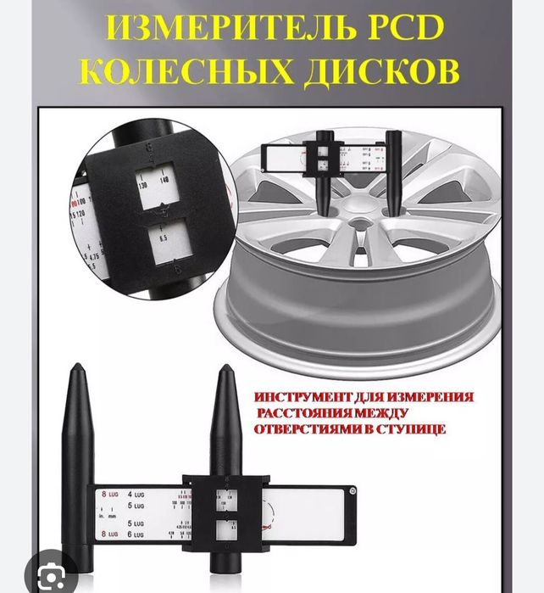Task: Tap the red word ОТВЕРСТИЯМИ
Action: click(x=308, y=430)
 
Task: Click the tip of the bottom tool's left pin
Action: click(x=76, y=366)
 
